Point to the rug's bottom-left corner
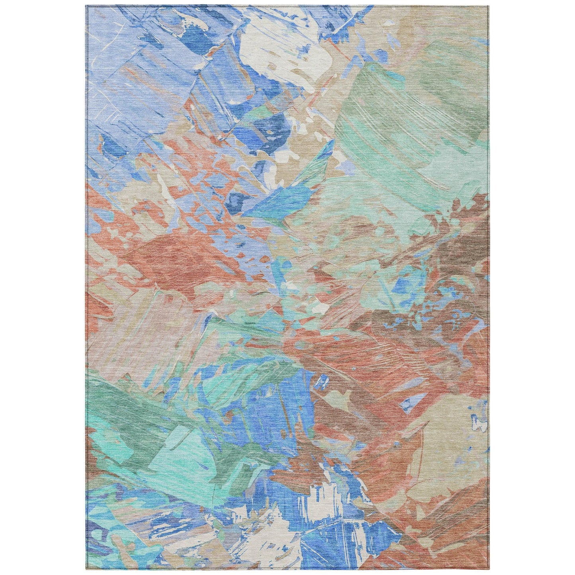tap(86, 569)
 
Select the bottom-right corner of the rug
tap(489, 569)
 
